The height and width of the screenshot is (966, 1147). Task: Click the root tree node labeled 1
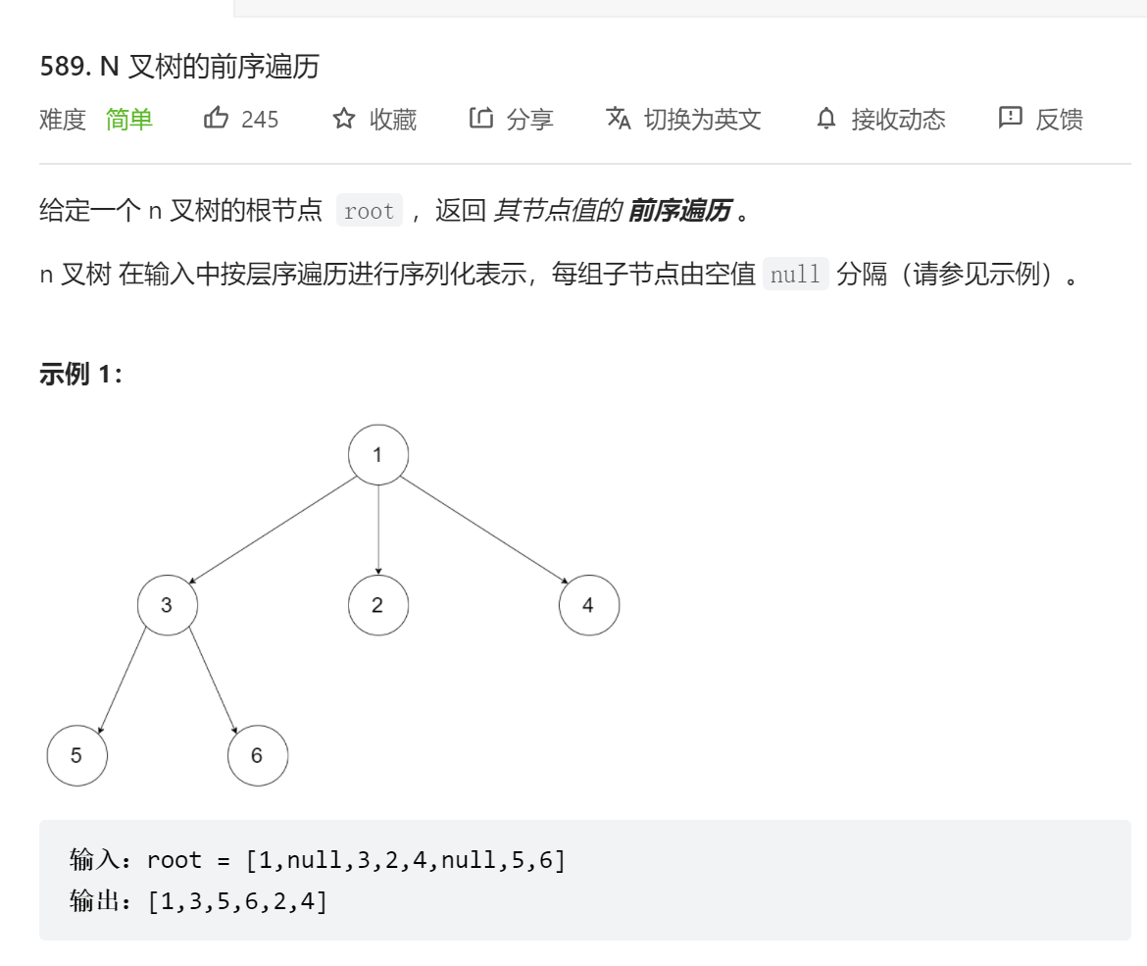pyautogui.click(x=377, y=455)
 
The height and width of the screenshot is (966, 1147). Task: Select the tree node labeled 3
pyautogui.click(x=167, y=605)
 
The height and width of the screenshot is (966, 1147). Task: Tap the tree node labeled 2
pyautogui.click(x=377, y=605)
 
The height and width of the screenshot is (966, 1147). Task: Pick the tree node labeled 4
pyautogui.click(x=588, y=605)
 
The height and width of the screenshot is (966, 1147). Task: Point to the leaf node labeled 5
pyautogui.click(x=76, y=755)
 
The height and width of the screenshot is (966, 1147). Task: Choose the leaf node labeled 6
pyautogui.click(x=257, y=755)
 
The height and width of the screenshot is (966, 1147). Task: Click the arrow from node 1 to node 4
pyautogui.click(x=485, y=531)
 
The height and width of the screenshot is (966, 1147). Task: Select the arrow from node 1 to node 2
pyautogui.click(x=377, y=530)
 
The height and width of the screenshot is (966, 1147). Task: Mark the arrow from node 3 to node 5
pyautogui.click(x=122, y=681)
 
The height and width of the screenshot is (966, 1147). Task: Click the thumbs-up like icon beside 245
pyautogui.click(x=216, y=119)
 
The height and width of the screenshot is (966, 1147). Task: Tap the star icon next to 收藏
pyautogui.click(x=344, y=120)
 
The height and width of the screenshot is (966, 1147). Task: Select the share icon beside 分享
pyautogui.click(x=480, y=119)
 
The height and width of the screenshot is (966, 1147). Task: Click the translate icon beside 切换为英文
pyautogui.click(x=619, y=119)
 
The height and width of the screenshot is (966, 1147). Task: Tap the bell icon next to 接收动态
pyautogui.click(x=826, y=120)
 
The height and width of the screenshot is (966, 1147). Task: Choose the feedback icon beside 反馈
pyautogui.click(x=1010, y=119)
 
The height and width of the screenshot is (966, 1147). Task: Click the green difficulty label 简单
pyautogui.click(x=129, y=120)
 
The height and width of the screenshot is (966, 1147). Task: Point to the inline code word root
pyautogui.click(x=369, y=211)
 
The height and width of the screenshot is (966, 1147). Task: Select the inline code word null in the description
pyautogui.click(x=795, y=274)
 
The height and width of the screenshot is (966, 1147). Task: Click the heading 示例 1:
pyautogui.click(x=81, y=375)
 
